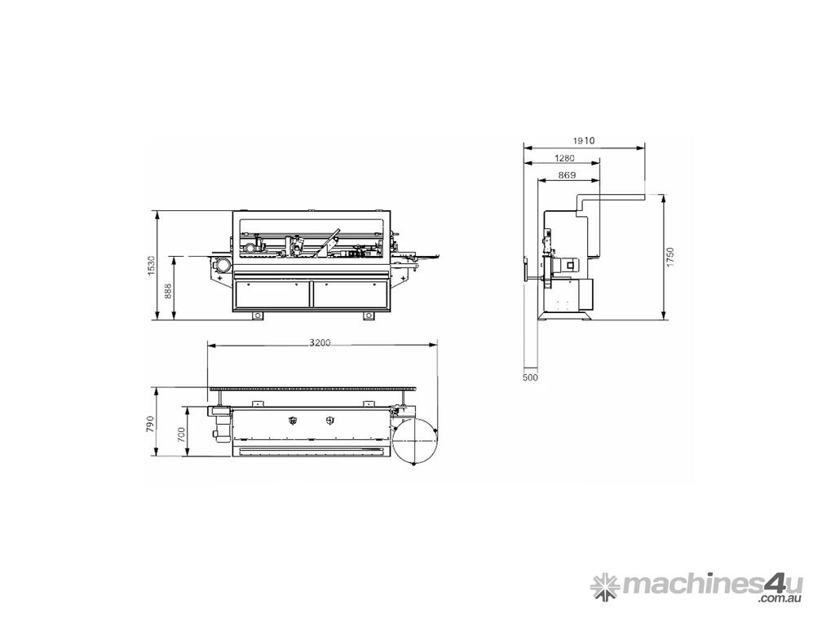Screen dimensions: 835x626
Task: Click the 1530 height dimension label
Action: pyautogui.click(x=151, y=266)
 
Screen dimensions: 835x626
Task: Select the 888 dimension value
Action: pyautogui.click(x=168, y=293)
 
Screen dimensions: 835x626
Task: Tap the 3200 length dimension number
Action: pyautogui.click(x=320, y=342)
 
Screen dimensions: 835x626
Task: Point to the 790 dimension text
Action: pyautogui.click(x=150, y=424)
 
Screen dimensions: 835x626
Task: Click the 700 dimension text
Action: pyautogui.click(x=181, y=435)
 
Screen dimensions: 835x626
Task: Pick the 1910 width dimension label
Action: pyautogui.click(x=584, y=141)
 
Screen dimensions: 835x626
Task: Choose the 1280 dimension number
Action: pyautogui.click(x=564, y=158)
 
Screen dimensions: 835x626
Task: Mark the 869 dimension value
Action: pyautogui.click(x=568, y=175)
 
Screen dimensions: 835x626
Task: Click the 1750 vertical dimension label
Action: pyautogui.click(x=670, y=257)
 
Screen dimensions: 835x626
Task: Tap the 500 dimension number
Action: pyautogui.click(x=530, y=377)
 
